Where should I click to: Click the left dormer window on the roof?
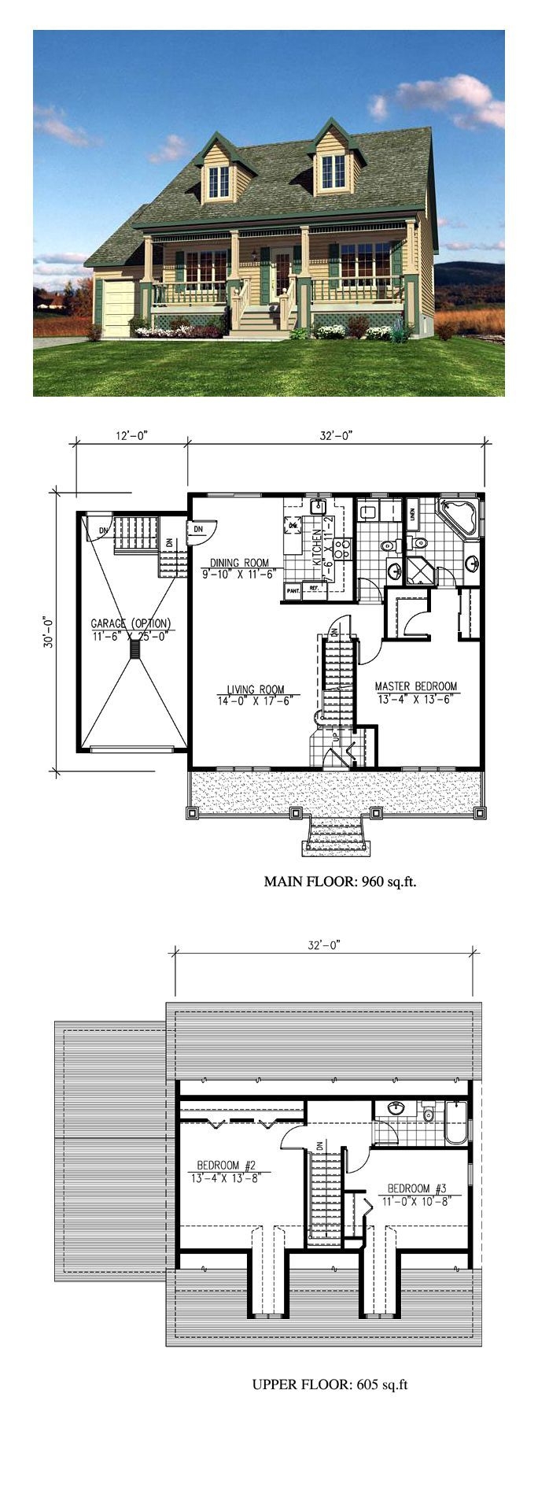tap(218, 182)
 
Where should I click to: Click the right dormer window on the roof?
tap(333, 172)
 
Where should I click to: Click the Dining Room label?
tap(239, 563)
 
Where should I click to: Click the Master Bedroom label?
tap(415, 686)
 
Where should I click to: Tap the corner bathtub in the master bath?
tap(457, 517)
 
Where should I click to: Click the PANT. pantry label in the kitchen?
tap(293, 590)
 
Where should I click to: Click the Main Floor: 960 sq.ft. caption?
tap(340, 882)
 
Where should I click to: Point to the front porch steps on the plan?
tap(337, 834)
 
